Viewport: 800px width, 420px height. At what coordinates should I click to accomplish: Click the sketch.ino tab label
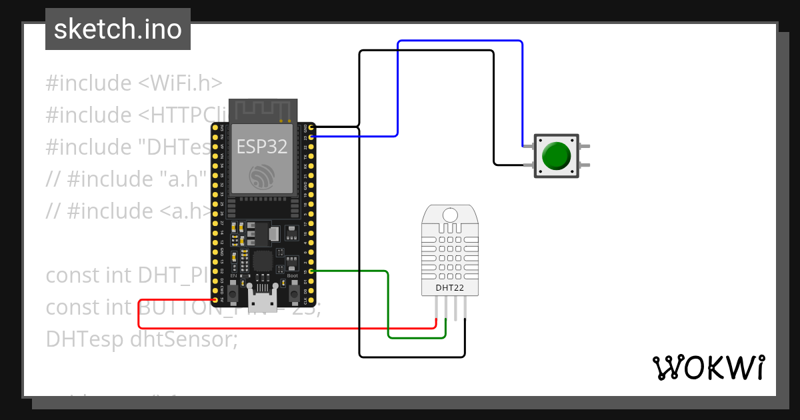(x=117, y=29)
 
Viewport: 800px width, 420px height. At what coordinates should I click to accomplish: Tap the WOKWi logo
(x=708, y=367)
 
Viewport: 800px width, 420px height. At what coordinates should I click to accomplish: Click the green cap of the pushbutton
(x=556, y=155)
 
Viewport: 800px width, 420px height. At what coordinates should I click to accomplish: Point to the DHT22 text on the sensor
(x=449, y=287)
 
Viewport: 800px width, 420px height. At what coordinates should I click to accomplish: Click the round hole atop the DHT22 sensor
(x=450, y=215)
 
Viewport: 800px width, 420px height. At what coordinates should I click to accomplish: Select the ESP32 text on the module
(x=262, y=145)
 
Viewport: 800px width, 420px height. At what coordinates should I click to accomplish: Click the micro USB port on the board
(x=262, y=298)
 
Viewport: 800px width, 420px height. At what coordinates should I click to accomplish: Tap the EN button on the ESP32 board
(x=233, y=291)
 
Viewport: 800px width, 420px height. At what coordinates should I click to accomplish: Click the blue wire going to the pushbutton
(x=460, y=41)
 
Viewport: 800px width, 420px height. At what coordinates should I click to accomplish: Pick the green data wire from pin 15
(x=388, y=307)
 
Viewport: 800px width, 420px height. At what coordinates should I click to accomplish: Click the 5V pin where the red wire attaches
(x=214, y=299)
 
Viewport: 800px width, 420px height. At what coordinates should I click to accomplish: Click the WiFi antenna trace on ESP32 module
(x=262, y=111)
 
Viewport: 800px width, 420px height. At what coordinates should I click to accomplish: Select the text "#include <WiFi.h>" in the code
(x=133, y=83)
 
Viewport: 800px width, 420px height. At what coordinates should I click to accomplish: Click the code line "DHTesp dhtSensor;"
(x=141, y=339)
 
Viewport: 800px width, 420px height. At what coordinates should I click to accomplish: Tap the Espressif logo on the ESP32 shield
(x=262, y=176)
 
